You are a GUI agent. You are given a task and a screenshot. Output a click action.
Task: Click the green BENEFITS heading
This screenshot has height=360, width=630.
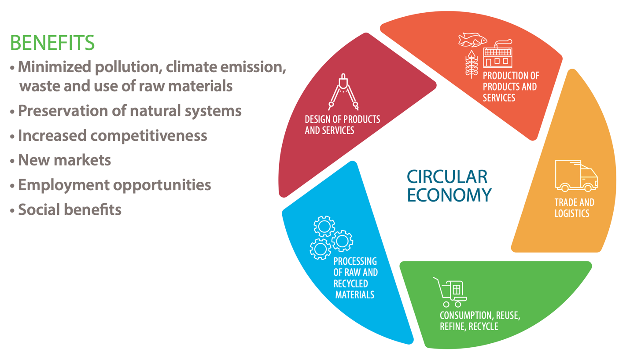[x=52, y=43]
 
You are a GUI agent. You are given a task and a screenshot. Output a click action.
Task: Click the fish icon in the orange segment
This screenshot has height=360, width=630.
[x=472, y=40]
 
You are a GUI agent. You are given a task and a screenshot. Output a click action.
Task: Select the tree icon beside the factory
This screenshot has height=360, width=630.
[x=472, y=64]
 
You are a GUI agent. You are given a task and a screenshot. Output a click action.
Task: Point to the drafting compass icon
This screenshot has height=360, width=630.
[x=343, y=92]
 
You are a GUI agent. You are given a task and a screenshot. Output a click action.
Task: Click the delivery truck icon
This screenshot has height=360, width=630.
[x=576, y=176]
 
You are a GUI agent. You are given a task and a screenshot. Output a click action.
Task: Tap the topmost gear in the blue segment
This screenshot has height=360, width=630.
[x=324, y=226]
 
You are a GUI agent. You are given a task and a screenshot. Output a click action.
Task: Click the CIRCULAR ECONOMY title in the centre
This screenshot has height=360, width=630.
[x=449, y=186]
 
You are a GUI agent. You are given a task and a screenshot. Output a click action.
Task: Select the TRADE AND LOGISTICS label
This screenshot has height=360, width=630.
[x=575, y=208]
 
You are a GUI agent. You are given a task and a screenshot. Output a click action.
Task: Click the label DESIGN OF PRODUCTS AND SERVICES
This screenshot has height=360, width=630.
[x=342, y=125]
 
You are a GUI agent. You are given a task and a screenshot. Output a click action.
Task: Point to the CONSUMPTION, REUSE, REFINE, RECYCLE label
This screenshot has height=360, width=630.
[x=480, y=321]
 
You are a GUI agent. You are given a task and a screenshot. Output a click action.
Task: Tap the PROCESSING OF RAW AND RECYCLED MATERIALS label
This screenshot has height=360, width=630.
[x=355, y=278]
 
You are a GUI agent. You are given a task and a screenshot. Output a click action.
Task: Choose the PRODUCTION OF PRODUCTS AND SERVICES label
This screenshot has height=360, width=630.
[x=511, y=87]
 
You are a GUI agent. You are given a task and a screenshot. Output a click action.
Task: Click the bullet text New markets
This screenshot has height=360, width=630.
[x=64, y=160]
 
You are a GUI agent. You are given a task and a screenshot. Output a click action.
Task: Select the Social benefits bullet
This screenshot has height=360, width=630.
[x=70, y=209]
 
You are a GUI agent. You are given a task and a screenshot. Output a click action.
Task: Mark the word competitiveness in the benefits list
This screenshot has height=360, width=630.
[x=149, y=136]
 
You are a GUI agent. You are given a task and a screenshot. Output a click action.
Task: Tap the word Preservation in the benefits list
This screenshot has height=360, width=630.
[x=63, y=110]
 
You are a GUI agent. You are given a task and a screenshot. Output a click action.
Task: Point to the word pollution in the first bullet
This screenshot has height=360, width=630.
[x=128, y=67]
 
